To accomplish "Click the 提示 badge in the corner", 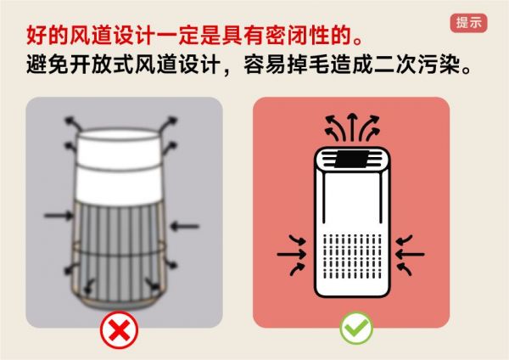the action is tap(468, 23).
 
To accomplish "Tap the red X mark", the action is tap(119, 329).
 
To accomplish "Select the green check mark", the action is tap(356, 328).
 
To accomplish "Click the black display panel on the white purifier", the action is tap(351, 160).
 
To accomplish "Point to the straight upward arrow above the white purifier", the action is tap(352, 127).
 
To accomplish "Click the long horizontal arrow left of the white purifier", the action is tap(291, 254).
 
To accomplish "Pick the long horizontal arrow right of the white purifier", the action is tap(410, 254).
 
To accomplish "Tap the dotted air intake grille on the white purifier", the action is tap(352, 256).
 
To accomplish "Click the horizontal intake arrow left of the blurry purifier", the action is tap(59, 215).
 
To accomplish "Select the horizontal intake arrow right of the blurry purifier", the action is tap(184, 226).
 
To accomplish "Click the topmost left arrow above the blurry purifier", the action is tap(73, 123).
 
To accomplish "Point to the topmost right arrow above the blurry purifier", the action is tap(169, 123).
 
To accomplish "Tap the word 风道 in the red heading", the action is tap(91, 35).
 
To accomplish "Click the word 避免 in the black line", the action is tap(48, 65).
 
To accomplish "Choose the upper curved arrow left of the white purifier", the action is tap(298, 239).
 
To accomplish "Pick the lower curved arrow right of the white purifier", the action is tap(404, 269).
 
